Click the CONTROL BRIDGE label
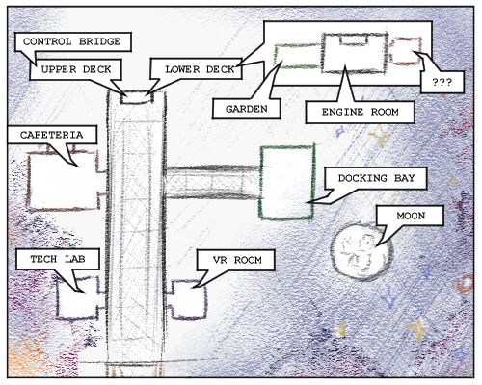tap(73, 41)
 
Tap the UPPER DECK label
tap(75, 69)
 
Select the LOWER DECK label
tap(200, 69)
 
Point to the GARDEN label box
tap(246, 109)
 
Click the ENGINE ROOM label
tap(360, 112)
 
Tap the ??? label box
tap(442, 82)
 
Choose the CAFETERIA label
tap(52, 135)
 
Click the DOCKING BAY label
tap(376, 178)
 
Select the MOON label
tap(411, 216)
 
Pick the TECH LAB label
tap(58, 259)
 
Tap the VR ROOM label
tap(236, 260)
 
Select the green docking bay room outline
tap(260, 183)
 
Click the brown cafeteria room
tap(29, 181)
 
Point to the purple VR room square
tap(205, 300)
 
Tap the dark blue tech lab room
tap(58, 298)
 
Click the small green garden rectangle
tap(276, 57)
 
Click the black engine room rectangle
tap(323, 53)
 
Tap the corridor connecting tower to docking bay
tap(212, 182)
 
